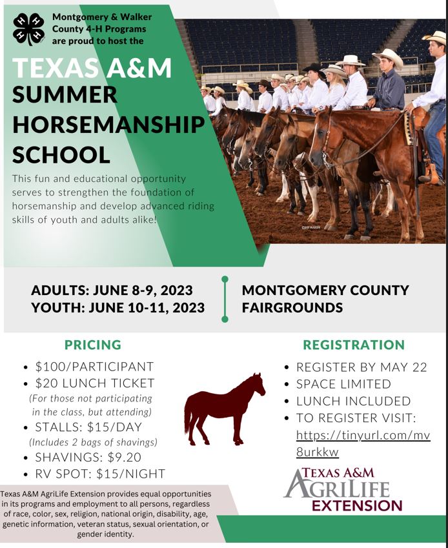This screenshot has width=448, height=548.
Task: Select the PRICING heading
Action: pyautogui.click(x=93, y=345)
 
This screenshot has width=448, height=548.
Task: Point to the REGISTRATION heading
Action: pyautogui.click(x=354, y=345)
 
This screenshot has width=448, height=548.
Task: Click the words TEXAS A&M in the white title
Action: pyautogui.click(x=92, y=68)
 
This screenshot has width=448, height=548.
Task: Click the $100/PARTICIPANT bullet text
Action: pyautogui.click(x=94, y=367)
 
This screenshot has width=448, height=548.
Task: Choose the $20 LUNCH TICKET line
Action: pyautogui.click(x=95, y=383)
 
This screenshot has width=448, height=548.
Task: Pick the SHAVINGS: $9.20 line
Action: pyautogui.click(x=88, y=457)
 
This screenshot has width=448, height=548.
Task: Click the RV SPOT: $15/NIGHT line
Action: pyautogui.click(x=100, y=474)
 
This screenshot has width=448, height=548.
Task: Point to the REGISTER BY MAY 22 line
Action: pyautogui.click(x=361, y=367)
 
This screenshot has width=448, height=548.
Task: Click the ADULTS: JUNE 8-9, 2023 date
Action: pyautogui.click(x=112, y=290)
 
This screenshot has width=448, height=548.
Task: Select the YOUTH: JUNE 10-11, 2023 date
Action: pyautogui.click(x=118, y=307)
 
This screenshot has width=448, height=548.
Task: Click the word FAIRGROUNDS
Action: pyautogui.click(x=292, y=307)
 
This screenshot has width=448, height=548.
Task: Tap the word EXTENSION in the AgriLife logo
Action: pyautogui.click(x=357, y=504)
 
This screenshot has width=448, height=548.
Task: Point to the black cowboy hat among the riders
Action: pyautogui.click(x=314, y=66)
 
